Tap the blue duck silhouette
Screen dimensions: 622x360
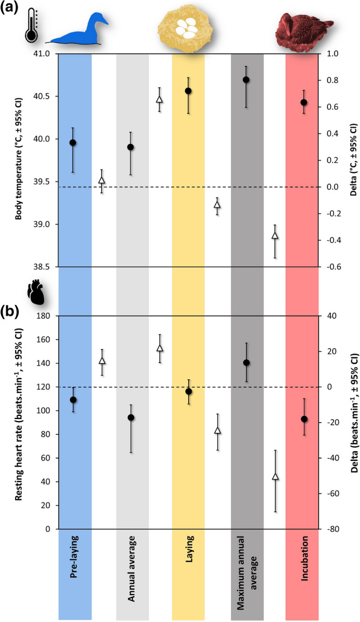(x=81, y=31)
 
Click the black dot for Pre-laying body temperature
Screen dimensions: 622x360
(x=73, y=143)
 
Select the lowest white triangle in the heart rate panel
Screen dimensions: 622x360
(x=275, y=477)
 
